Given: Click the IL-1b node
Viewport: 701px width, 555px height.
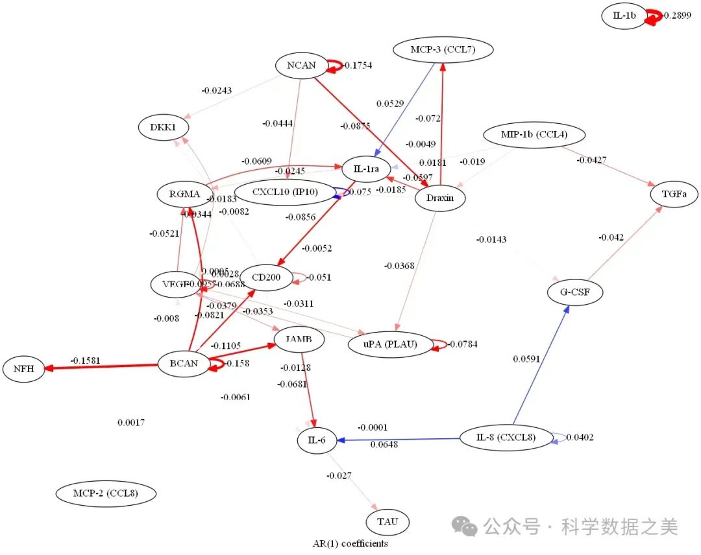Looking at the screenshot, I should (x=624, y=16).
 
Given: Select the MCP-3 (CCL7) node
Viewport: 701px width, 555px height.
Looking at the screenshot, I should (x=443, y=49).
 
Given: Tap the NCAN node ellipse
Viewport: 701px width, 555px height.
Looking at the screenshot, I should (x=301, y=65).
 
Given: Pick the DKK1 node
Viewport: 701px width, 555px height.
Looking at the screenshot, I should (x=163, y=127).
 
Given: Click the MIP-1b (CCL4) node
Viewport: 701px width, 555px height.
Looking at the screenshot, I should (x=534, y=135).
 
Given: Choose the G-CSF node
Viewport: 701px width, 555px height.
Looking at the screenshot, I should (x=575, y=292).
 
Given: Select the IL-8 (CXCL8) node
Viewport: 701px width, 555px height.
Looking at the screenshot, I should (x=506, y=438).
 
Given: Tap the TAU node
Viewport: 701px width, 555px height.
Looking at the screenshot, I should (x=387, y=521).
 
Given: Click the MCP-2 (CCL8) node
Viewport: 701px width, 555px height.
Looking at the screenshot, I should (x=106, y=493).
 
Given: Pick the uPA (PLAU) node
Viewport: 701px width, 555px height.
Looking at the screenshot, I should (x=391, y=344).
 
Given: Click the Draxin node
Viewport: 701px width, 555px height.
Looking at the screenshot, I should (x=439, y=198).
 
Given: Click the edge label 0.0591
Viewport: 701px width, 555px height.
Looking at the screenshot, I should (x=526, y=359).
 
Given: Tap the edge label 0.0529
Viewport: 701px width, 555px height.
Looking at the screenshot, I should (x=389, y=103).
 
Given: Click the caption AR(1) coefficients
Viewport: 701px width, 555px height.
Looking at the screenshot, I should (x=350, y=543).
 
